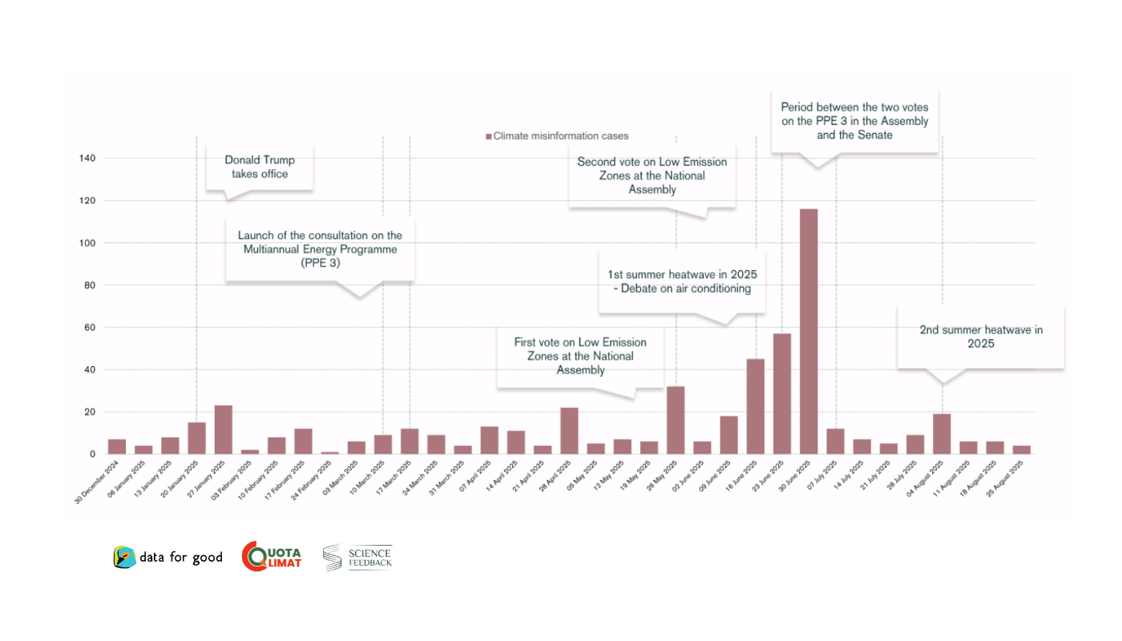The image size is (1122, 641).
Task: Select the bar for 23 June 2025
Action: pos(782,393)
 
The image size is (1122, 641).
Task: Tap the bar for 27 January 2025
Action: pos(224,429)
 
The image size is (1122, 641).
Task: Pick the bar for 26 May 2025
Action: pos(676,420)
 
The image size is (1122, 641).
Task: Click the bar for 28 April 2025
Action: pos(569,430)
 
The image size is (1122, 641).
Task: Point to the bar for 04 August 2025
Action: pos(942,433)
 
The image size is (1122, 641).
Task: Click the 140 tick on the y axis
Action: pos(87,159)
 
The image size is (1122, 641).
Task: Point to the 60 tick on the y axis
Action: pos(91,328)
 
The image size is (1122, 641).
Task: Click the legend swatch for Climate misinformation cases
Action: pos(488,136)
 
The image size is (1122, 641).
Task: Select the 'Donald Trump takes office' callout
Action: pos(260,167)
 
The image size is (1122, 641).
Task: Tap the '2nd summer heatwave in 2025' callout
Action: pos(980,337)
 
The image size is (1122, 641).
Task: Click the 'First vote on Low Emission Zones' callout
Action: pos(580,356)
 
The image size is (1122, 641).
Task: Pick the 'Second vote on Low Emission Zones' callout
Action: pos(652,175)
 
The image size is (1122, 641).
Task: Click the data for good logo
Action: pos(168,558)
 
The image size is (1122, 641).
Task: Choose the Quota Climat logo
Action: pos(272,557)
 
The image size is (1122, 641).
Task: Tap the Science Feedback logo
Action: pos(357,558)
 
